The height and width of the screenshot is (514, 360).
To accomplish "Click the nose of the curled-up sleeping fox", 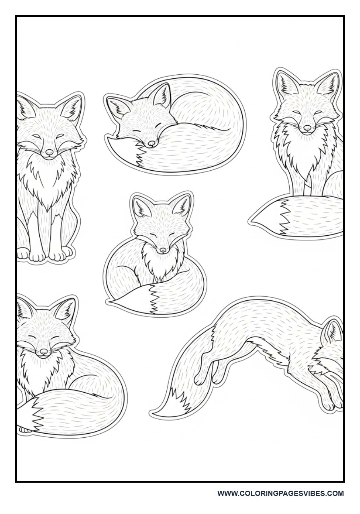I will point(151,143).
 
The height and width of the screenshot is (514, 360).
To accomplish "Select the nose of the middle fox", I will point(162,250).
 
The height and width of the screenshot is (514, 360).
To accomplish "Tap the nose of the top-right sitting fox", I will point(307,128).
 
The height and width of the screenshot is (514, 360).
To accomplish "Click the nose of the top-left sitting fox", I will point(49,153).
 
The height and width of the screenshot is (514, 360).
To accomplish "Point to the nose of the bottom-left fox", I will point(43,352).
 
